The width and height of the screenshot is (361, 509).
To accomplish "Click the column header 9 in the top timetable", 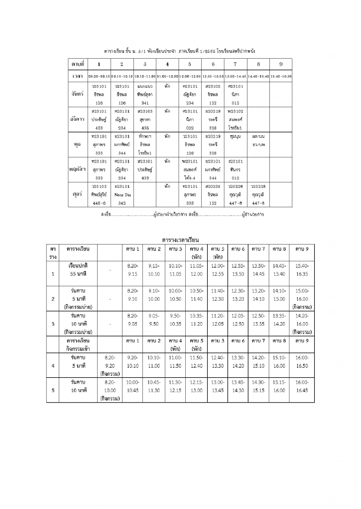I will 281,64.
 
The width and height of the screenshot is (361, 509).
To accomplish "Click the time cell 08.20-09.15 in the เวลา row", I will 99,77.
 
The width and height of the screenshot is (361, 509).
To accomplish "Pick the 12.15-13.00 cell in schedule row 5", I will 196,386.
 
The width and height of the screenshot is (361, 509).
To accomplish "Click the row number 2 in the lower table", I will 53,299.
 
